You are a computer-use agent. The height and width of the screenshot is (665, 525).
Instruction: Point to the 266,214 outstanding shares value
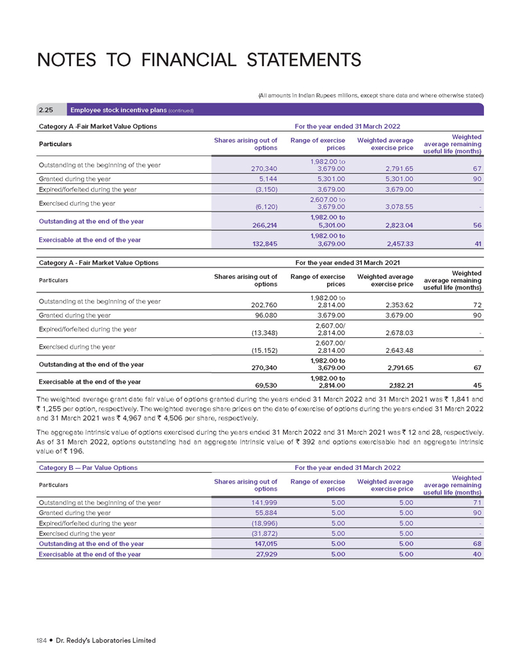point(262,225)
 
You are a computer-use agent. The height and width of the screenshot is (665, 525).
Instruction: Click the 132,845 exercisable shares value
point(262,244)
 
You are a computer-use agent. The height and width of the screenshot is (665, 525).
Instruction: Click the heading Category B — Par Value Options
point(88,467)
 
